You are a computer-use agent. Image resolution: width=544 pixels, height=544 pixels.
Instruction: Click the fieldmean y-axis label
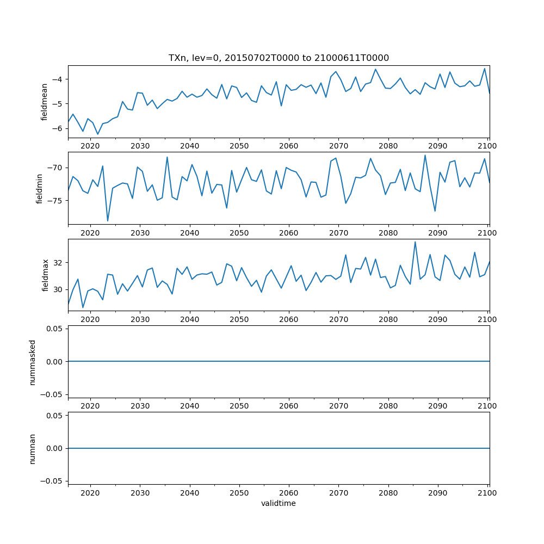[45, 101]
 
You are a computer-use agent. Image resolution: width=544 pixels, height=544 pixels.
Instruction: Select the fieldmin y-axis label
[39, 188]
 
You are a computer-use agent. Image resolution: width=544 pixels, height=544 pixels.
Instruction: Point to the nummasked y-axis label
[33, 361]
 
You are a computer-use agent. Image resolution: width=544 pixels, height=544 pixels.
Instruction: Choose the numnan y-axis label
[33, 448]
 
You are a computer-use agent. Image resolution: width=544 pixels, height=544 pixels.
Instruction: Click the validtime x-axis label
[279, 504]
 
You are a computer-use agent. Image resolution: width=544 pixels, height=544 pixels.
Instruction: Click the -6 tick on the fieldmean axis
[58, 128]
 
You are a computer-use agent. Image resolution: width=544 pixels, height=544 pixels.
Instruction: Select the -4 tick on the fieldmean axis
[58, 79]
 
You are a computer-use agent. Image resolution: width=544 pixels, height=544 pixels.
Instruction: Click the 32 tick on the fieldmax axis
[59, 262]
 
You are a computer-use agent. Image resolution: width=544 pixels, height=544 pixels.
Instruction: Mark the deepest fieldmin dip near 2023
[108, 221]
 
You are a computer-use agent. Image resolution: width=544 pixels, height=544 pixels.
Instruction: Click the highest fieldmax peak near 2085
[415, 242]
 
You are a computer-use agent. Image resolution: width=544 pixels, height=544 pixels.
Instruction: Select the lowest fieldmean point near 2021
[98, 134]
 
